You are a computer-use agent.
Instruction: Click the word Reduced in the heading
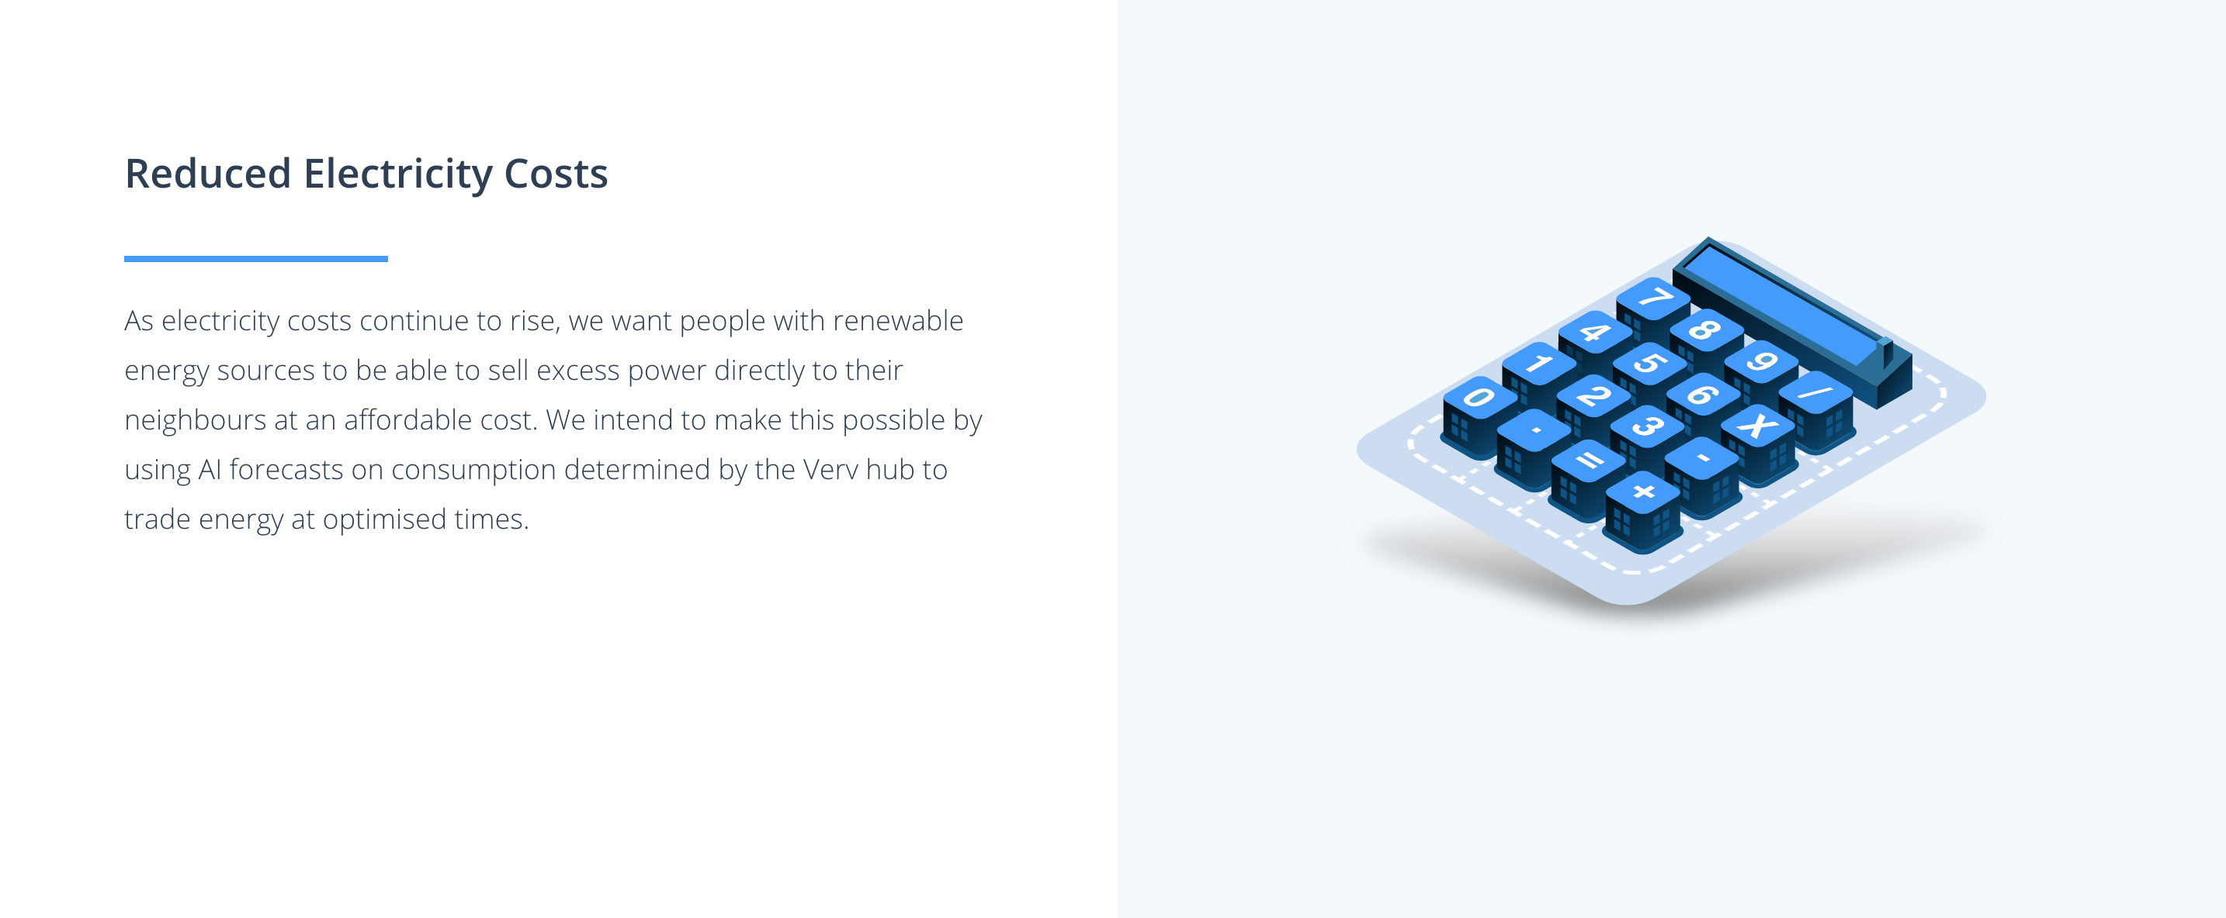207,174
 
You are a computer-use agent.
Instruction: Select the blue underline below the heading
256,258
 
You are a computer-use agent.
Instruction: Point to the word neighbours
196,420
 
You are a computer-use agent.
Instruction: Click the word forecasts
286,470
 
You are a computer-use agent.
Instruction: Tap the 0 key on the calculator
1479,398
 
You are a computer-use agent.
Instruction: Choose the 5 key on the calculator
1649,364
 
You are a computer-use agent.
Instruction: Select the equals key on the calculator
1588,461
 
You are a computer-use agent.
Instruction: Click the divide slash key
1815,393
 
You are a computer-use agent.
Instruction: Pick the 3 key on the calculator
1647,426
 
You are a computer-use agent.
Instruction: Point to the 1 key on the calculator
1538,364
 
